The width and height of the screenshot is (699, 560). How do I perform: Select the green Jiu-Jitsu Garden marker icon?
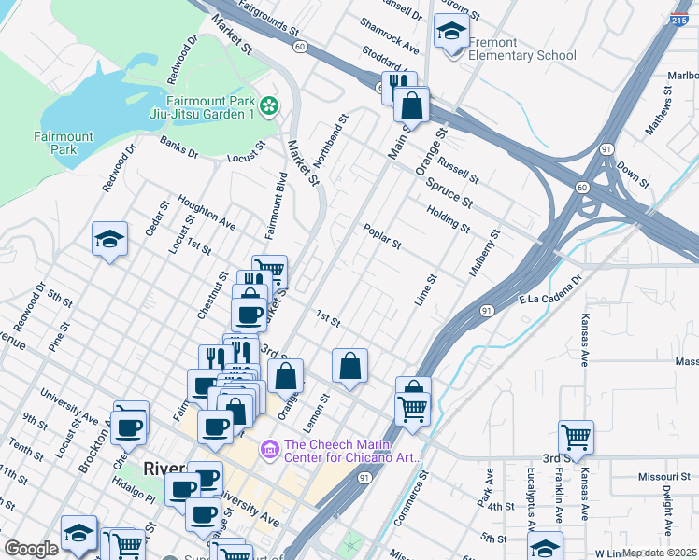[270, 107]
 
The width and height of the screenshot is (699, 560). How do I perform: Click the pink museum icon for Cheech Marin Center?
[270, 451]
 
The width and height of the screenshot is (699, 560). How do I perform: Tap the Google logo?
[31, 549]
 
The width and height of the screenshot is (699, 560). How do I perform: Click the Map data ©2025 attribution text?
[658, 553]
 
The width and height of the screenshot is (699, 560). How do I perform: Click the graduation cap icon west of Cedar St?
[109, 239]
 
